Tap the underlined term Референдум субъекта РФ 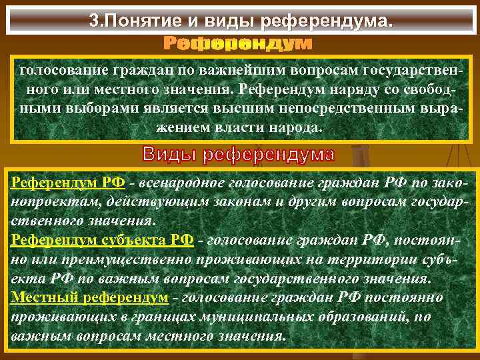click(102, 240)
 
